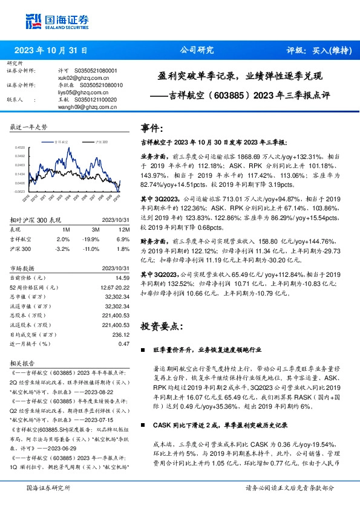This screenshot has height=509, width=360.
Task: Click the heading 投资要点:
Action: (x=160, y=326)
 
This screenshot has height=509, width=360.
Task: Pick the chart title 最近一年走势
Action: (x=29, y=127)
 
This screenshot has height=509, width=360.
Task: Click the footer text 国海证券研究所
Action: (x=48, y=487)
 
